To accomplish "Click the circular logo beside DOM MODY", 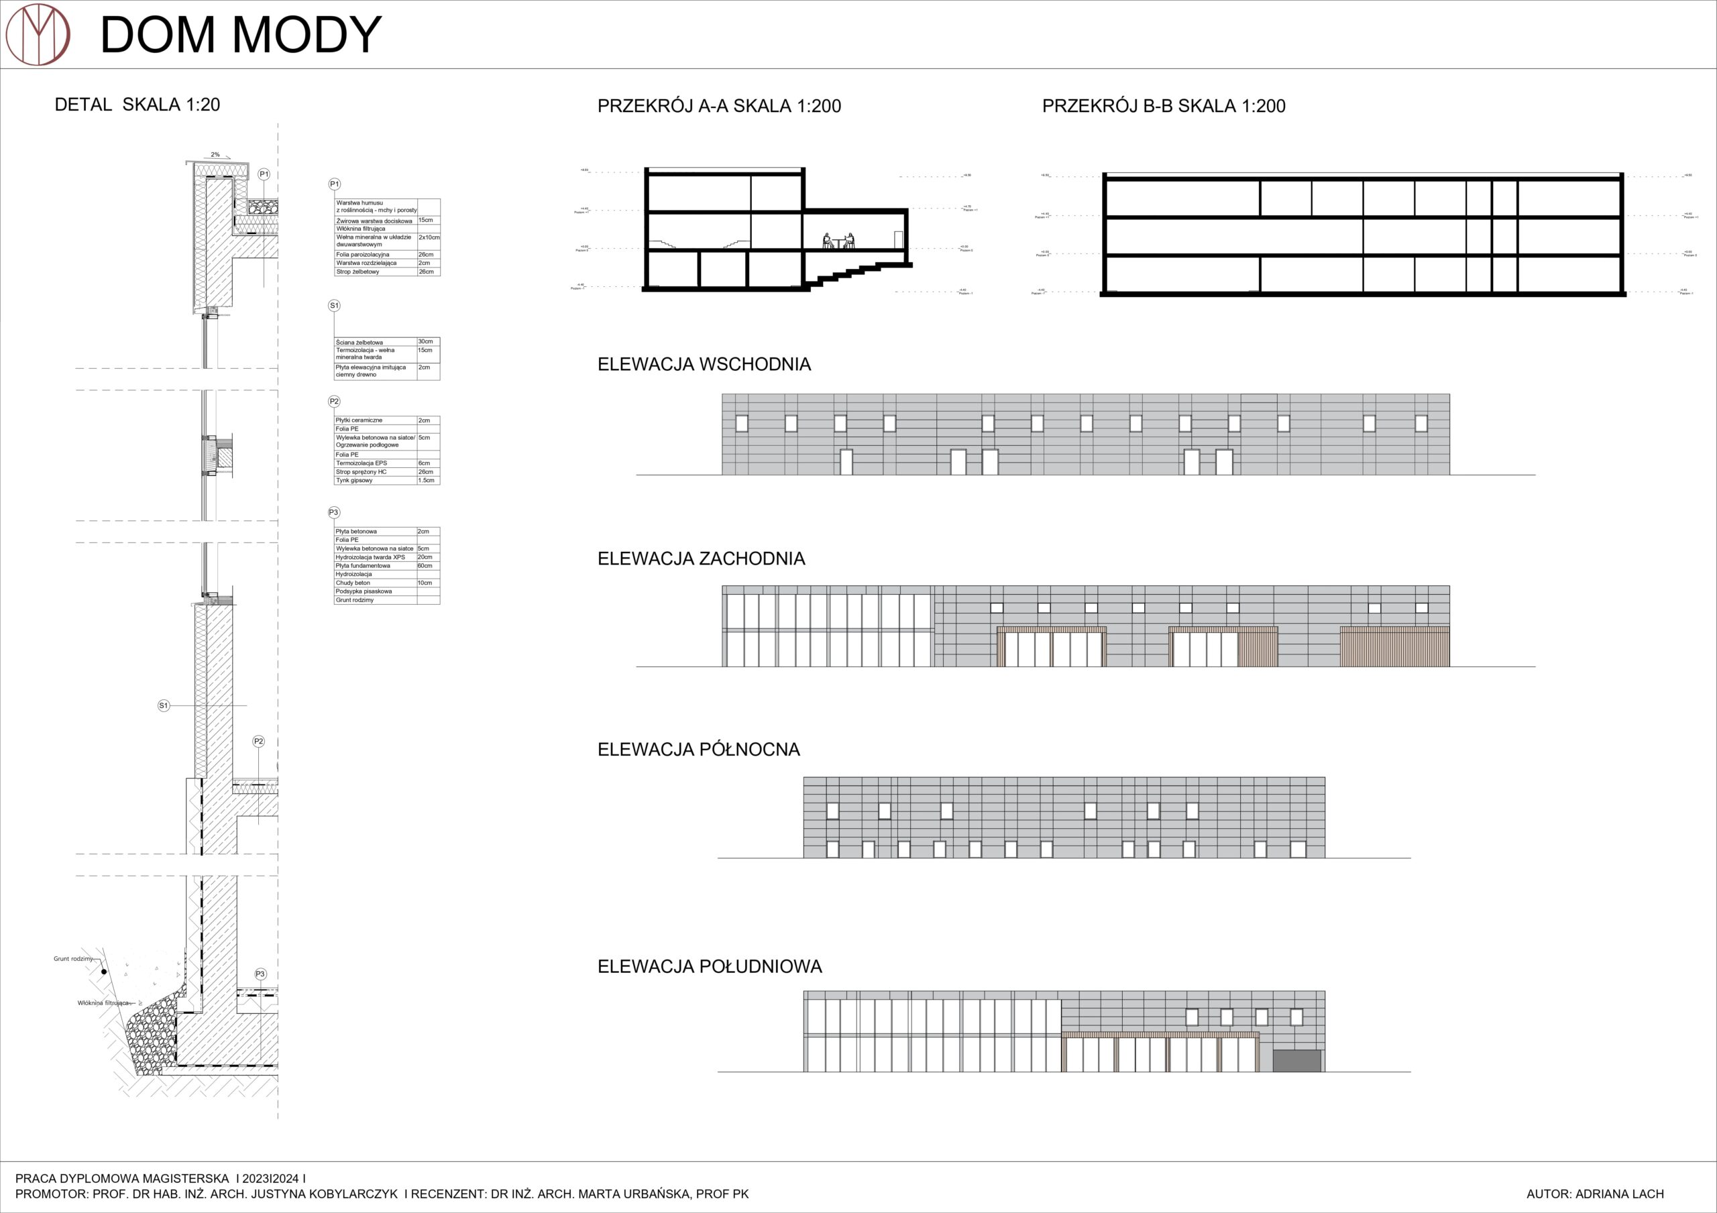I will coord(38,34).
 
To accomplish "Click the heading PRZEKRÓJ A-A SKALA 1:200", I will coord(718,106).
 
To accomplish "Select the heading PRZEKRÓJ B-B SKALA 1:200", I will coord(1164,106).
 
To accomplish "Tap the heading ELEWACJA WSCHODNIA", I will coord(704,364).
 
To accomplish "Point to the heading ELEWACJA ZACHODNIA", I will coord(701,559).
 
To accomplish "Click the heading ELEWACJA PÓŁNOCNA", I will coord(698,750).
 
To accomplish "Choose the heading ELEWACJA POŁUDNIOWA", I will coord(709,966).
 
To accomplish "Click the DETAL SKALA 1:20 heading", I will coord(137,105).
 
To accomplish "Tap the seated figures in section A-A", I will coord(838,241).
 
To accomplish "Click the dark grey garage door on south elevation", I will coord(1296,1060).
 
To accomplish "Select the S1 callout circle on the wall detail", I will coord(164,705).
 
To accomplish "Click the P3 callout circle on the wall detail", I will coord(260,974).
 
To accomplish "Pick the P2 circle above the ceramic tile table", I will coord(334,402).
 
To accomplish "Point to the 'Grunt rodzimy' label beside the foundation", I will coord(72,958).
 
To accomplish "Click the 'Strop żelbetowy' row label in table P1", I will coord(357,272).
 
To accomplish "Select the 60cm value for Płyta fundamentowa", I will coord(425,565).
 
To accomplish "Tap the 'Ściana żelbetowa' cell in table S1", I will coord(359,342).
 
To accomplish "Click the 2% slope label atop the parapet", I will coord(215,155).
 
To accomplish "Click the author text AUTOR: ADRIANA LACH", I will coord(1595,1194).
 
